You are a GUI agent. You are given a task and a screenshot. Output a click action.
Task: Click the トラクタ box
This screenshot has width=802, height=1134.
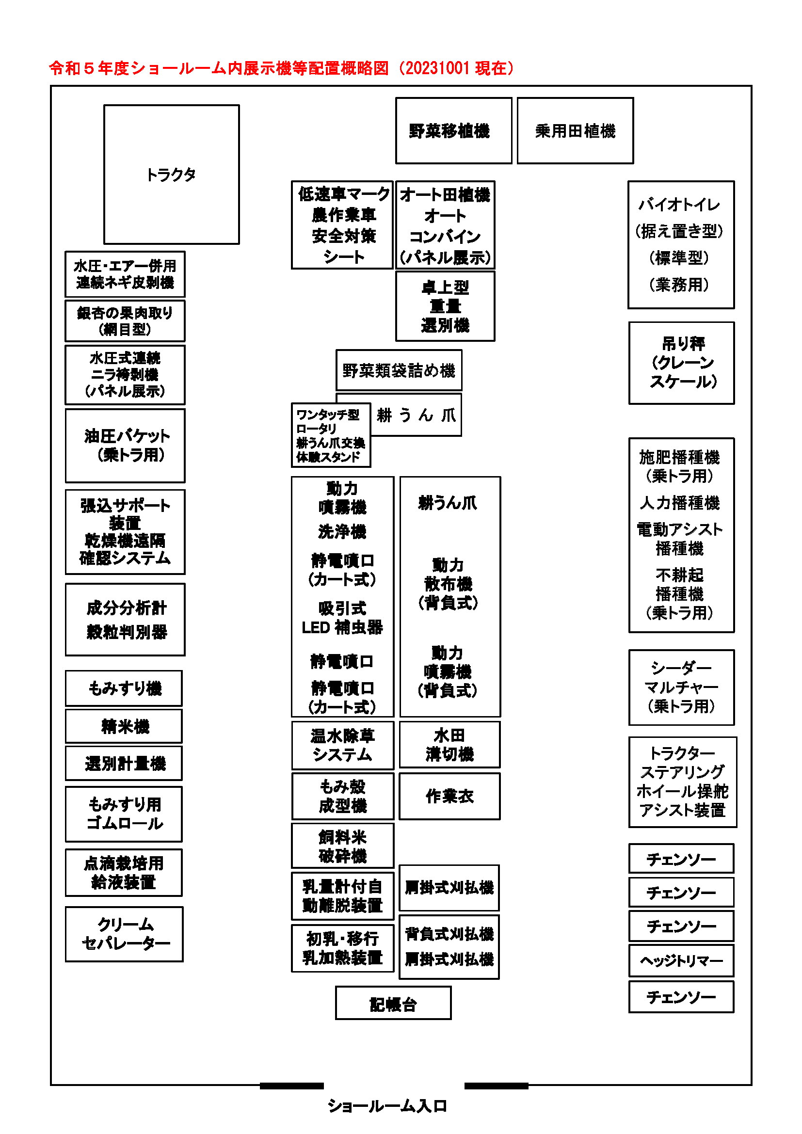[171, 175]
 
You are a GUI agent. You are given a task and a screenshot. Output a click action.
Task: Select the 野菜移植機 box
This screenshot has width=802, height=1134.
[453, 131]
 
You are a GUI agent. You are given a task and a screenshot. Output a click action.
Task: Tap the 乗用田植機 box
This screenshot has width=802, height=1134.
[576, 131]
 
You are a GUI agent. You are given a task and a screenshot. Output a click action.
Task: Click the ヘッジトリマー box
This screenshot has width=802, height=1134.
[681, 960]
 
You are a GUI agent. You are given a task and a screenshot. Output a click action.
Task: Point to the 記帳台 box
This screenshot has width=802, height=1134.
[393, 1003]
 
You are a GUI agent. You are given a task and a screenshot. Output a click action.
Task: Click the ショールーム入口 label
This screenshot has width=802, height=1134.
[387, 1106]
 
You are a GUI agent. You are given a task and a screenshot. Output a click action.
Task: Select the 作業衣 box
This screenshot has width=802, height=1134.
[449, 796]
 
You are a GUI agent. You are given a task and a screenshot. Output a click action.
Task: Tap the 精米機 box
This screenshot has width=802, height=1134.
[124, 726]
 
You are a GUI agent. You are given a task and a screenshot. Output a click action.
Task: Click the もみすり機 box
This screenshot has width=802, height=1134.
[124, 688]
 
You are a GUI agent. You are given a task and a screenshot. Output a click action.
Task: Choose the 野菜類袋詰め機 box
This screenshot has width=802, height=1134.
[399, 370]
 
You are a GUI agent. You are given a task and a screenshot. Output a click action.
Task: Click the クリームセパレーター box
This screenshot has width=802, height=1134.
[125, 934]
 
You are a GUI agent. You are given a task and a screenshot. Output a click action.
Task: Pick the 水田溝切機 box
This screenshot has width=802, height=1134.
[449, 745]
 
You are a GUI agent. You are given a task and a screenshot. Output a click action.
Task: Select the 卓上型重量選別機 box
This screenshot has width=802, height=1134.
[445, 306]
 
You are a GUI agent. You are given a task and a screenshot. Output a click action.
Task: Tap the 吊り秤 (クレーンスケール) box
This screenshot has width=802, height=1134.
[681, 363]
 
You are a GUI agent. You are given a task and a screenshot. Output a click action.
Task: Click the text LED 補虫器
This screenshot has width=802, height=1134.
[342, 627]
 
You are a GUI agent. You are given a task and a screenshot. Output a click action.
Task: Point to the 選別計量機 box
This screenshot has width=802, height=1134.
[124, 764]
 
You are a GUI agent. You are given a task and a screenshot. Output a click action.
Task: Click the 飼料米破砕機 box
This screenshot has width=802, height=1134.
[342, 846]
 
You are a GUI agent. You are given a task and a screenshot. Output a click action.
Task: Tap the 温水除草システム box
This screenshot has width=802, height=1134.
[342, 745]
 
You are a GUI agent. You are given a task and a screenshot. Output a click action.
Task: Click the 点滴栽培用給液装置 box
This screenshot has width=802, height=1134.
[124, 873]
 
